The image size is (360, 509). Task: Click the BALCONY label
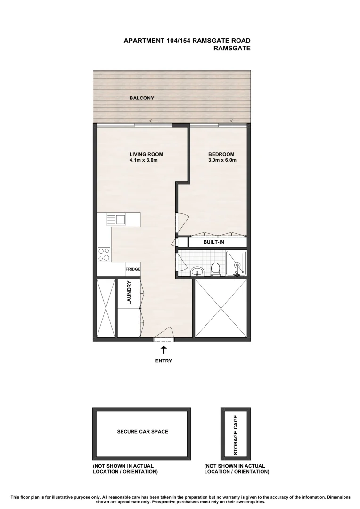pyautogui.click(x=142, y=98)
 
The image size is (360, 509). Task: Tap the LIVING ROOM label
pyautogui.click(x=146, y=154)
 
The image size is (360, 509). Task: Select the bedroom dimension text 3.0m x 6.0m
pyautogui.click(x=221, y=160)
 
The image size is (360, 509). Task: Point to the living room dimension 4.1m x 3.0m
pyautogui.click(x=143, y=160)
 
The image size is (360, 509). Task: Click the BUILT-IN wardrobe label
pyautogui.click(x=213, y=242)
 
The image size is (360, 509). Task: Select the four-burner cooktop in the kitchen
pyautogui.click(x=104, y=254)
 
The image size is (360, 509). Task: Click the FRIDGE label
pyautogui.click(x=132, y=269)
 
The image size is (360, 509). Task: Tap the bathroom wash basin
pyautogui.click(x=197, y=271)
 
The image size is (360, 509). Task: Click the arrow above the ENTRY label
pyautogui.click(x=164, y=350)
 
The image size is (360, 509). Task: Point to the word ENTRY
pyautogui.click(x=164, y=361)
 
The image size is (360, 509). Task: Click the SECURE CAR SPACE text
pyautogui.click(x=142, y=431)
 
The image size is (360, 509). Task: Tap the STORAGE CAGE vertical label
pyautogui.click(x=236, y=434)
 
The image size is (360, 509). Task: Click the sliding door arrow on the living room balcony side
pyautogui.click(x=153, y=120)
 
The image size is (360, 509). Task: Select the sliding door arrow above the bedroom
pyautogui.click(x=234, y=120)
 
